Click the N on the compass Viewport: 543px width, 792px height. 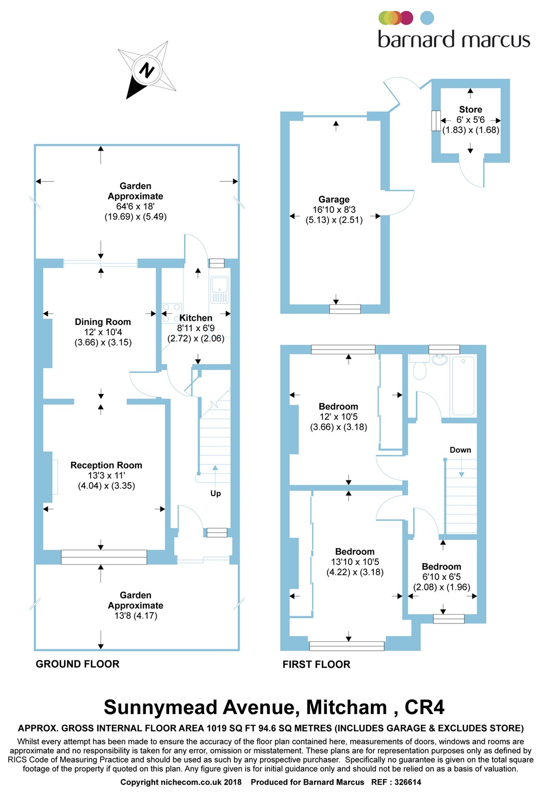[147, 70]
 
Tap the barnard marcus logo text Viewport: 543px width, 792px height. [454, 40]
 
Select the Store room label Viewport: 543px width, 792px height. [470, 109]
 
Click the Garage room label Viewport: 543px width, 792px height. [334, 200]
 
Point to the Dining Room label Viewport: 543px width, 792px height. [103, 322]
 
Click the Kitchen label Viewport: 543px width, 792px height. [196, 318]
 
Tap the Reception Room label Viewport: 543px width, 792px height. [106, 465]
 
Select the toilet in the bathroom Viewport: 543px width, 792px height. [420, 369]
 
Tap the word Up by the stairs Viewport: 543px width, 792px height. [216, 493]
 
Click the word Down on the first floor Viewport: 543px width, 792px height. [460, 450]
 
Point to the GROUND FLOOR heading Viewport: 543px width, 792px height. [77, 664]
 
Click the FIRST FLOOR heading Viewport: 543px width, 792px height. [316, 665]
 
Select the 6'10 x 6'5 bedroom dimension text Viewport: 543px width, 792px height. [441, 577]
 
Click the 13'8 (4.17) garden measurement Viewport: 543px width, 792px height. [136, 616]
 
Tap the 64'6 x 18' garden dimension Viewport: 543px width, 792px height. [135, 206]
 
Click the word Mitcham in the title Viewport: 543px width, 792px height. [347, 707]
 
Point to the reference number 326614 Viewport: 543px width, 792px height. [408, 782]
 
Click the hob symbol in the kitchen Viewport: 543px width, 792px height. [171, 312]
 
